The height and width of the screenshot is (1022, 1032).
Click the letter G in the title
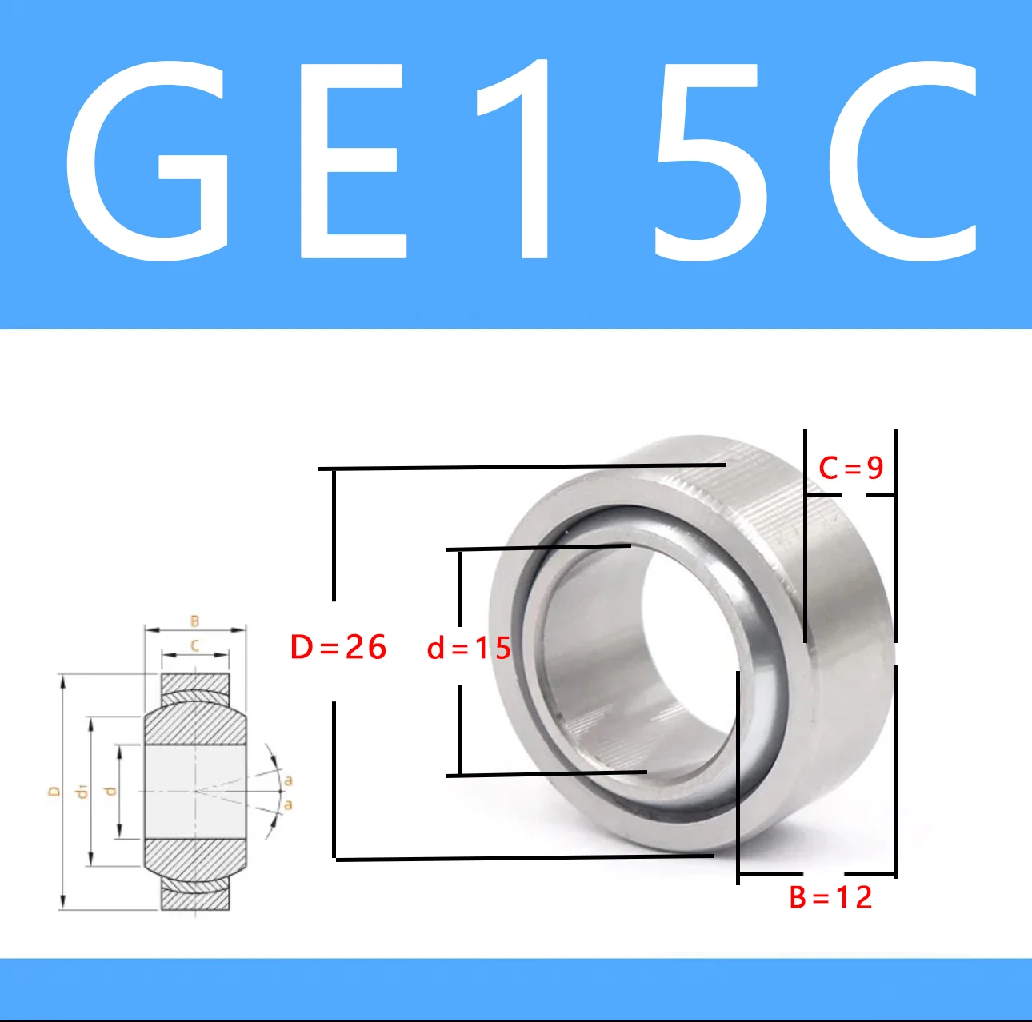(148, 160)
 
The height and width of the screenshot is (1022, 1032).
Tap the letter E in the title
(352, 160)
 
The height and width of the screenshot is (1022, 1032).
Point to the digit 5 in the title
(708, 160)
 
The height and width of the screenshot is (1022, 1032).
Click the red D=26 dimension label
(338, 647)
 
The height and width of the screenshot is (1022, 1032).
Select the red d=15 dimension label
(469, 648)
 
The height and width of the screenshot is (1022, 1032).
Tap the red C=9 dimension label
(850, 468)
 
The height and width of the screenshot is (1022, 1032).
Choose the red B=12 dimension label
(830, 897)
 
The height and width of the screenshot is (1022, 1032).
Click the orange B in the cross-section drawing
(194, 621)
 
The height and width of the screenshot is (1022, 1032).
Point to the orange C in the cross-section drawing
(194, 645)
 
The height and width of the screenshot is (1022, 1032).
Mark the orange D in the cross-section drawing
(54, 792)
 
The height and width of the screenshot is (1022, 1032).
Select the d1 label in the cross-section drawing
(81, 792)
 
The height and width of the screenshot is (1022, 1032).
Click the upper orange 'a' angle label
(289, 780)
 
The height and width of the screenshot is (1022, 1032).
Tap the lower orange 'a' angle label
(289, 804)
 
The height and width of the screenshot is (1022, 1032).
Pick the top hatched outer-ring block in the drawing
(195, 685)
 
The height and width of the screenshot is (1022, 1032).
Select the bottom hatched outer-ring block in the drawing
(195, 899)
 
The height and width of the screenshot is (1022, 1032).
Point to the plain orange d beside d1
(111, 792)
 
